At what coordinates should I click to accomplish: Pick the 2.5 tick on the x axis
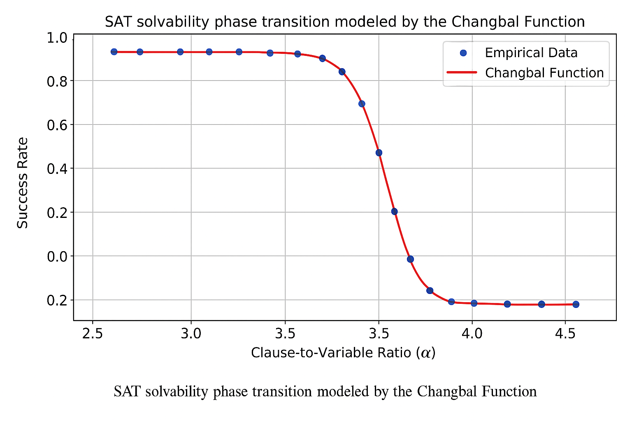tap(93, 334)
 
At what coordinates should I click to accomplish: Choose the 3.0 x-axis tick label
tap(191, 334)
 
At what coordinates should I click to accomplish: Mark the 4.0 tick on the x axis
tap(472, 334)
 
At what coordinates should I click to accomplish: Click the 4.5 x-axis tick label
tap(565, 334)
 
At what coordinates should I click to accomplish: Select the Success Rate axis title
tap(23, 183)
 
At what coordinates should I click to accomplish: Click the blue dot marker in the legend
tap(463, 53)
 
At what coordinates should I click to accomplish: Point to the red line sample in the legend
tap(462, 73)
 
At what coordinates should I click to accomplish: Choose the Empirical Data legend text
tap(531, 53)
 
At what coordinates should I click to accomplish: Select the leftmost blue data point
tap(114, 52)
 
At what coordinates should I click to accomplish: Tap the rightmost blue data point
tap(576, 304)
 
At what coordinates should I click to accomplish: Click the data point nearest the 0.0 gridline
tap(410, 259)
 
